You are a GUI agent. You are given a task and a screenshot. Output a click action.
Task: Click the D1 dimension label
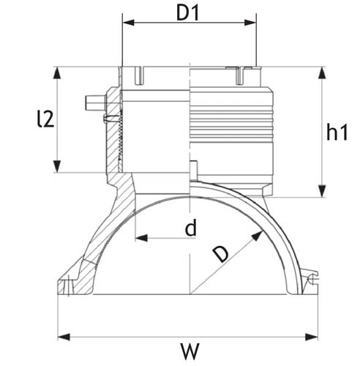click(x=187, y=13)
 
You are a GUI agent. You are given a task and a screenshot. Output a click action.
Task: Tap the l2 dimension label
click(x=45, y=119)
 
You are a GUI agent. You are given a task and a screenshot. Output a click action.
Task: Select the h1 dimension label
click(x=337, y=132)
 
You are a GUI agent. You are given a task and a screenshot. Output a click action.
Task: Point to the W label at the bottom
click(x=190, y=351)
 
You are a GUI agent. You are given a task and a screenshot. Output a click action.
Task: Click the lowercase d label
click(x=191, y=228)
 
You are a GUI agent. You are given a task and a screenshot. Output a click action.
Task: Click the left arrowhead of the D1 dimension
click(x=129, y=23)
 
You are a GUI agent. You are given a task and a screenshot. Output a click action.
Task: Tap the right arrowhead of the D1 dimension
click(x=250, y=23)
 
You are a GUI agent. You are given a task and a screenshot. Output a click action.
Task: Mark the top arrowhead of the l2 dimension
click(x=57, y=72)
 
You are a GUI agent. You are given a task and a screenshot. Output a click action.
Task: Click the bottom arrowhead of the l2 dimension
click(x=57, y=166)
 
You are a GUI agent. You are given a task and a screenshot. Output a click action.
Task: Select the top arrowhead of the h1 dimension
click(x=323, y=72)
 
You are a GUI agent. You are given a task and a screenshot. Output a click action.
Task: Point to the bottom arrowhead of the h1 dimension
click(x=323, y=191)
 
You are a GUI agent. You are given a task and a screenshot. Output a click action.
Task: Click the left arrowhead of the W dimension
click(x=64, y=337)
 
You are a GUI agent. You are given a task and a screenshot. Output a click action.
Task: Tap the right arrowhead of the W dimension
click(x=312, y=337)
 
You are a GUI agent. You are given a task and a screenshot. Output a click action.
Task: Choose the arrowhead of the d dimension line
click(x=141, y=238)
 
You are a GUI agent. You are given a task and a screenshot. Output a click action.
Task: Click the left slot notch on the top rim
click(x=139, y=75)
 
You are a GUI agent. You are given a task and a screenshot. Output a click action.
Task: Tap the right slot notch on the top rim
click(x=240, y=75)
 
